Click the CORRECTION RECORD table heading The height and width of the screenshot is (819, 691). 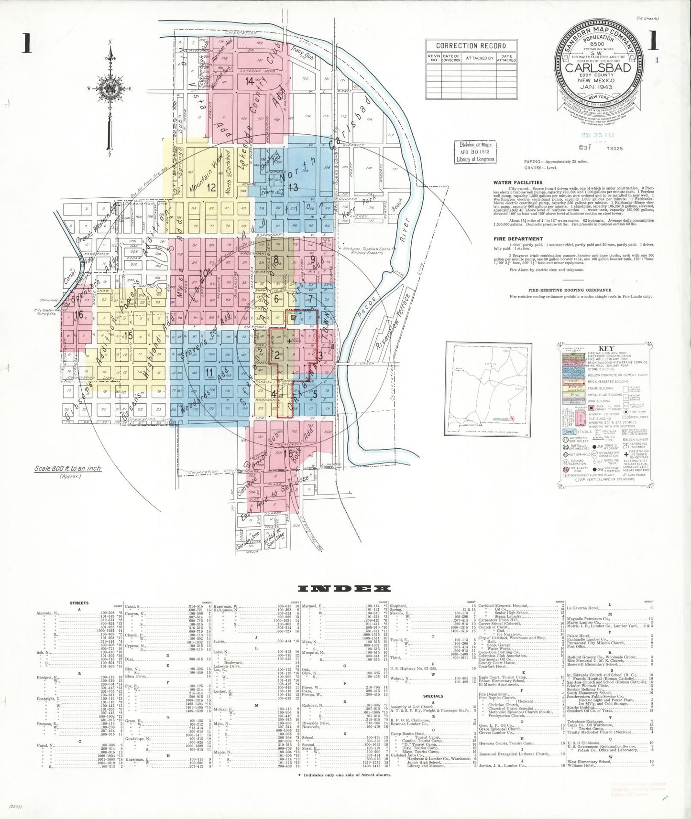tap(471, 46)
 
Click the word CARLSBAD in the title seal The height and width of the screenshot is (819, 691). tap(598, 68)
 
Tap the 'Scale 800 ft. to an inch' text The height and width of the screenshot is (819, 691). tap(67, 468)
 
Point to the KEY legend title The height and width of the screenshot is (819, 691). tap(606, 348)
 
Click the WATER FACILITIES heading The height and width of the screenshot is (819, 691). tap(518, 183)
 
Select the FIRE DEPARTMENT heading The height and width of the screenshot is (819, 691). tap(518, 238)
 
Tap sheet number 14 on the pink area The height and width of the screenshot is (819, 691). tap(250, 81)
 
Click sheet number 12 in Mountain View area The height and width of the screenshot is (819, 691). tap(211, 188)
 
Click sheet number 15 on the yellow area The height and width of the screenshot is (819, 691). tap(128, 335)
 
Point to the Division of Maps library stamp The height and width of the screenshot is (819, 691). tap(475, 152)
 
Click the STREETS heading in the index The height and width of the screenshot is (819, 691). tap(79, 603)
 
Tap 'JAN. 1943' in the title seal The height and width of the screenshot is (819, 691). tap(598, 87)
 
